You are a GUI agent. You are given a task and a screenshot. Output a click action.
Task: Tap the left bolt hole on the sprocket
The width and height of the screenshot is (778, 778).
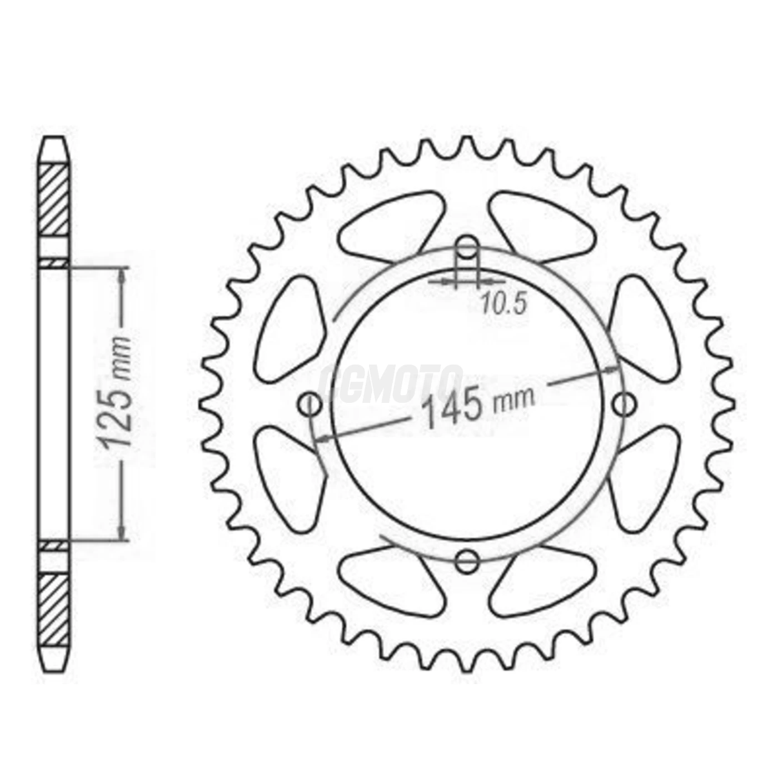(310, 404)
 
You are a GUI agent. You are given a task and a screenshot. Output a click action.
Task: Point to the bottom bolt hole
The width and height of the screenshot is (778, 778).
(467, 561)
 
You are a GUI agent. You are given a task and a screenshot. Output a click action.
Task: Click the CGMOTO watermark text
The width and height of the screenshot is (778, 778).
(390, 384)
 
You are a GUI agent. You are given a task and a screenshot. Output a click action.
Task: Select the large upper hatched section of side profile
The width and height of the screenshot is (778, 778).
(55, 199)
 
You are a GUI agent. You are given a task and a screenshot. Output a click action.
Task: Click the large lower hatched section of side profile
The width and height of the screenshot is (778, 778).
(55, 610)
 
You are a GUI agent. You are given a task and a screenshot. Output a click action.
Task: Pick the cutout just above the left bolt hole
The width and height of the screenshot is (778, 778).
(289, 328)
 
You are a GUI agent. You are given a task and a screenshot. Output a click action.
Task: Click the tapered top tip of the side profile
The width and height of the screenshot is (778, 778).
(54, 146)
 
